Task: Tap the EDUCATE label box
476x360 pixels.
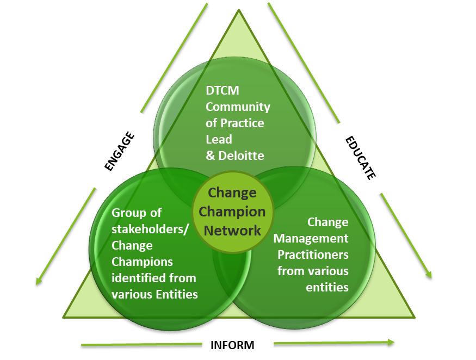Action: pos(360,158)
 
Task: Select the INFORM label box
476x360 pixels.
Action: pos(232,345)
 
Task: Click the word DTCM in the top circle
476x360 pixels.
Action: pos(222,91)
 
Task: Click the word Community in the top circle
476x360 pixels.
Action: pos(238,107)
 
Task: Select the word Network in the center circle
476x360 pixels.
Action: pos(232,230)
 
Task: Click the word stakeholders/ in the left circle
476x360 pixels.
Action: pos(150,228)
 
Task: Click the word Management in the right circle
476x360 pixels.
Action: pos(311,238)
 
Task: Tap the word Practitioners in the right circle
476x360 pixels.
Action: pos(313,255)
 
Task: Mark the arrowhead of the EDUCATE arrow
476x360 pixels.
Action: pos(429,275)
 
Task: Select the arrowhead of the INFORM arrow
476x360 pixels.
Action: pos(391,342)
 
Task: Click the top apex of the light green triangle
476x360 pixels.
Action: pos(239,10)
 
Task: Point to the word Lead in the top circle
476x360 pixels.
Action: pos(219,139)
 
